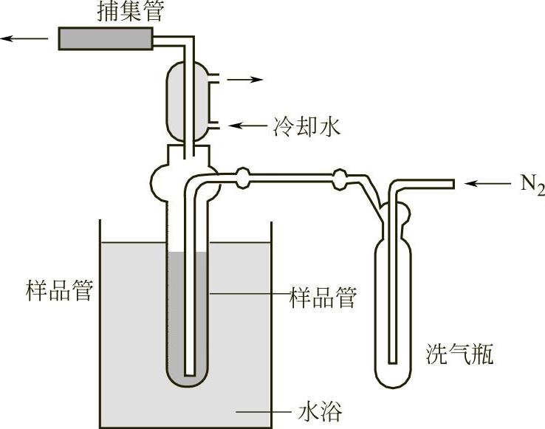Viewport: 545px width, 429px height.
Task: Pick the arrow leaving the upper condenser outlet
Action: [x=244, y=78]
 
